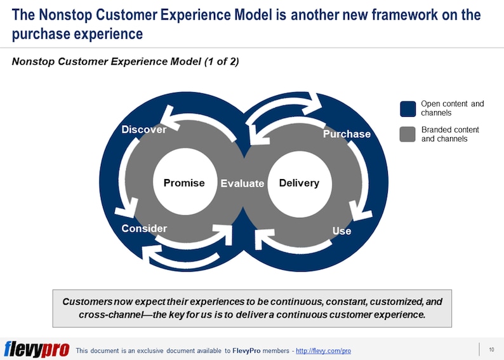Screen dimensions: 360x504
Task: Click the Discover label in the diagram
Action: click(143, 130)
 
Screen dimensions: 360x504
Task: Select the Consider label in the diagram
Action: click(144, 229)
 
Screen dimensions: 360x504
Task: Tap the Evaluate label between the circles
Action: click(242, 183)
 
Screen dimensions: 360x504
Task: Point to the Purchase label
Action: click(347, 134)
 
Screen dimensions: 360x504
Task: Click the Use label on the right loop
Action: click(342, 231)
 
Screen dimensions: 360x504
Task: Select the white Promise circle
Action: click(184, 183)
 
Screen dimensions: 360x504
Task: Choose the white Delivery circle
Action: click(299, 183)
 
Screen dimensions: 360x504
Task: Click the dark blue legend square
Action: click(408, 109)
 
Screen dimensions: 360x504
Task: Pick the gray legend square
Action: click(408, 134)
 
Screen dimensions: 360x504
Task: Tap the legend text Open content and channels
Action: click(452, 109)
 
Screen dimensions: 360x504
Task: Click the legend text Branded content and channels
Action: click(450, 134)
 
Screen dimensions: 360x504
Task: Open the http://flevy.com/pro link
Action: click(324, 351)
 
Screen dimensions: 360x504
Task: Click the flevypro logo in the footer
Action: click(36, 350)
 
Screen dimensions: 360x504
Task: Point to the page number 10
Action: click(491, 350)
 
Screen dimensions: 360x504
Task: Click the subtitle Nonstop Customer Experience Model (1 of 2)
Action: click(126, 62)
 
